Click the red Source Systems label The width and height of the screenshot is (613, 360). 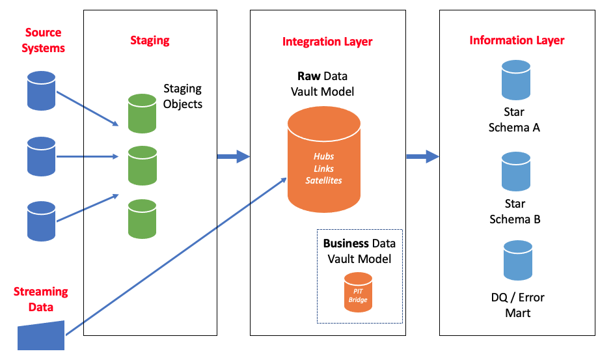coord(43,40)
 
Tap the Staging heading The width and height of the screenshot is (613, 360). coord(150,40)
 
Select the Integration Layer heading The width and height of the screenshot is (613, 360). coord(327,42)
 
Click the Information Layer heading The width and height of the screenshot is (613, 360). coord(517,40)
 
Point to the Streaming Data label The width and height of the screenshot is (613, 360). coord(40,299)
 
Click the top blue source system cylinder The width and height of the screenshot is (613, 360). coord(42,90)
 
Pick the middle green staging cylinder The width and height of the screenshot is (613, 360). coord(142,165)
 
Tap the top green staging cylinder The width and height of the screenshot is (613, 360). coord(142,113)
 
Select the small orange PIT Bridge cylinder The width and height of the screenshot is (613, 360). coord(358,293)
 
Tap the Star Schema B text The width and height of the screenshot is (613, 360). coord(515,212)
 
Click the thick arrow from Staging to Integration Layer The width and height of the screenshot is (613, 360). coord(233,156)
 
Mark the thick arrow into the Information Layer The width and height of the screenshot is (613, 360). coord(422,156)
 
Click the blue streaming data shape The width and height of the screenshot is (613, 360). coord(40,335)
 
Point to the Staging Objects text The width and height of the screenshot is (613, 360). coord(182,96)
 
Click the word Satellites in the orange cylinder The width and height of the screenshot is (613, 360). coord(323,180)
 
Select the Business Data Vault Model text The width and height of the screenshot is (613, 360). coord(359,251)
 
